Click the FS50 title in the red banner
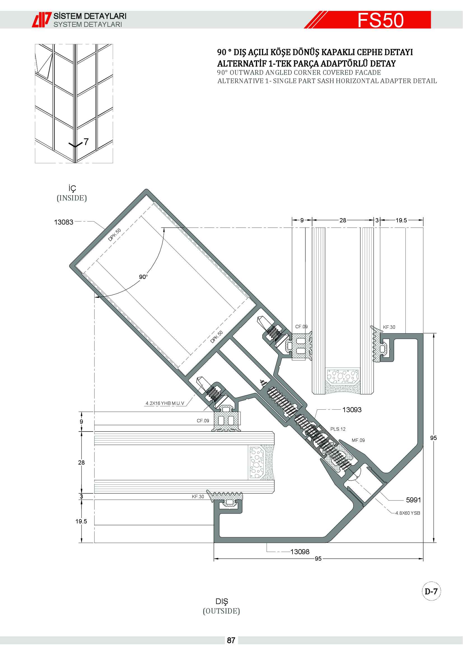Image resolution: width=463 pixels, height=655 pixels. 380,20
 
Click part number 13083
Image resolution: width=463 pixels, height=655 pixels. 64,222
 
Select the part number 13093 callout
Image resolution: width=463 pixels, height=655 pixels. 352,410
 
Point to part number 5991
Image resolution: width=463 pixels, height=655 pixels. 413,500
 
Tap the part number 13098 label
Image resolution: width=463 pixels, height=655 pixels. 300,552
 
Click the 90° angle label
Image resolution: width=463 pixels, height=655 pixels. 143,277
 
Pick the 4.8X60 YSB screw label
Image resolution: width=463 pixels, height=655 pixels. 407,513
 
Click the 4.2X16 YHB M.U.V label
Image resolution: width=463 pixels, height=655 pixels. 165,403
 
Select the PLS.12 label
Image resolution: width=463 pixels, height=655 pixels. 338,429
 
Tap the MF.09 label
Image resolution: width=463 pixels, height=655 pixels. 358,440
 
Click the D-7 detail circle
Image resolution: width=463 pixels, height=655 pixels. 431,591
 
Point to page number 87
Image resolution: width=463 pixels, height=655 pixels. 231,640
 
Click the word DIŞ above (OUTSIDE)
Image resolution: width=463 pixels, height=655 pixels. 222,602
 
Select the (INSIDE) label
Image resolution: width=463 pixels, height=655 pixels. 72,198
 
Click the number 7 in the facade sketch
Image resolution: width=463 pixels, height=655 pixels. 86,142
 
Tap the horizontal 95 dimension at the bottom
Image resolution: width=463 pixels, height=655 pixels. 318,559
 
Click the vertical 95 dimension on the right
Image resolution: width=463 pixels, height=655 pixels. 433,438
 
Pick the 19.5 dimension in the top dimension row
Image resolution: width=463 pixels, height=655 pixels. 401,220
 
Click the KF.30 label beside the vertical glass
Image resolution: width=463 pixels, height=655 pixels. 389,327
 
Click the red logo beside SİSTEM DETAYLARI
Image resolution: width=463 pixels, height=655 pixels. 42,20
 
